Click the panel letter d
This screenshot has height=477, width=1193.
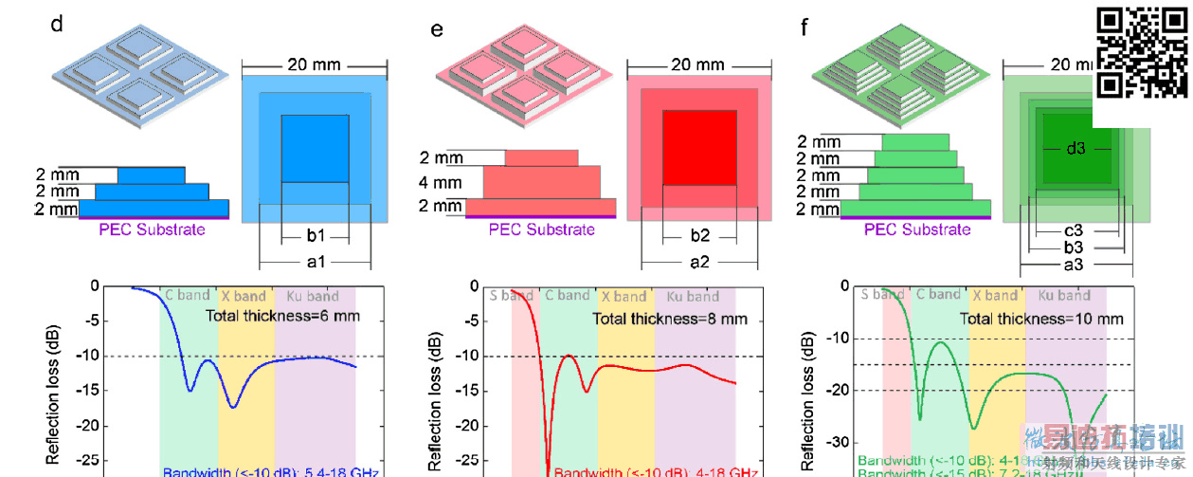57,25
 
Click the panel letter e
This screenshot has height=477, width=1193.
437,28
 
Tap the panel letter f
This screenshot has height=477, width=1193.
805,26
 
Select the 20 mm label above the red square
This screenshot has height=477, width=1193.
697,65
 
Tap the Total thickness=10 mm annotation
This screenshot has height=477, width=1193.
1041,319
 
